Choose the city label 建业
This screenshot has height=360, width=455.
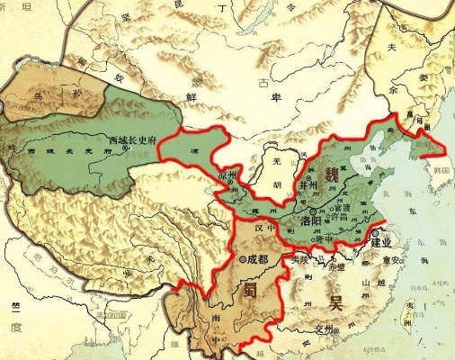[x=381, y=241]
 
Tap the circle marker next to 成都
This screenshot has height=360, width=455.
[x=244, y=259]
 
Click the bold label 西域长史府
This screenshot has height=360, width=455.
[x=132, y=140]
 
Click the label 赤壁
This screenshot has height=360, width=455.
[x=335, y=267]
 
